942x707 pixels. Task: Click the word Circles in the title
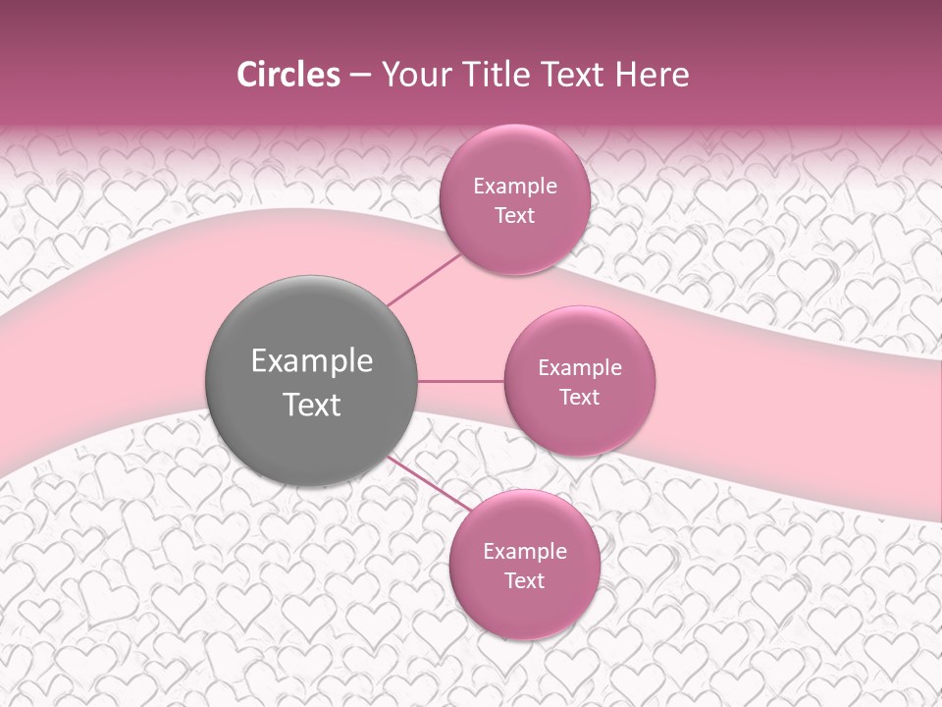click(x=288, y=75)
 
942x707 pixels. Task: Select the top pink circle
click(x=514, y=199)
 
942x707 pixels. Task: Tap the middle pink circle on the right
click(x=579, y=381)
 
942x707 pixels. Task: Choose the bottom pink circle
click(x=524, y=565)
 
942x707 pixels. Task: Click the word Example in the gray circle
click(x=312, y=361)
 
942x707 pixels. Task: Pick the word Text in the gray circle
click(x=312, y=405)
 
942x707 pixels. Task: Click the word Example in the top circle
click(x=514, y=187)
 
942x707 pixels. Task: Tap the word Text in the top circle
click(x=514, y=216)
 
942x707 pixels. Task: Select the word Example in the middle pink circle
click(x=579, y=368)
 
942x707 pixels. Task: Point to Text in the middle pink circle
click(x=579, y=398)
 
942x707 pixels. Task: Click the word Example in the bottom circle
click(x=524, y=552)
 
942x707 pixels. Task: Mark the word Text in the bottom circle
click(x=524, y=581)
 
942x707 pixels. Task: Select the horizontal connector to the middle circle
click(x=461, y=381)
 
